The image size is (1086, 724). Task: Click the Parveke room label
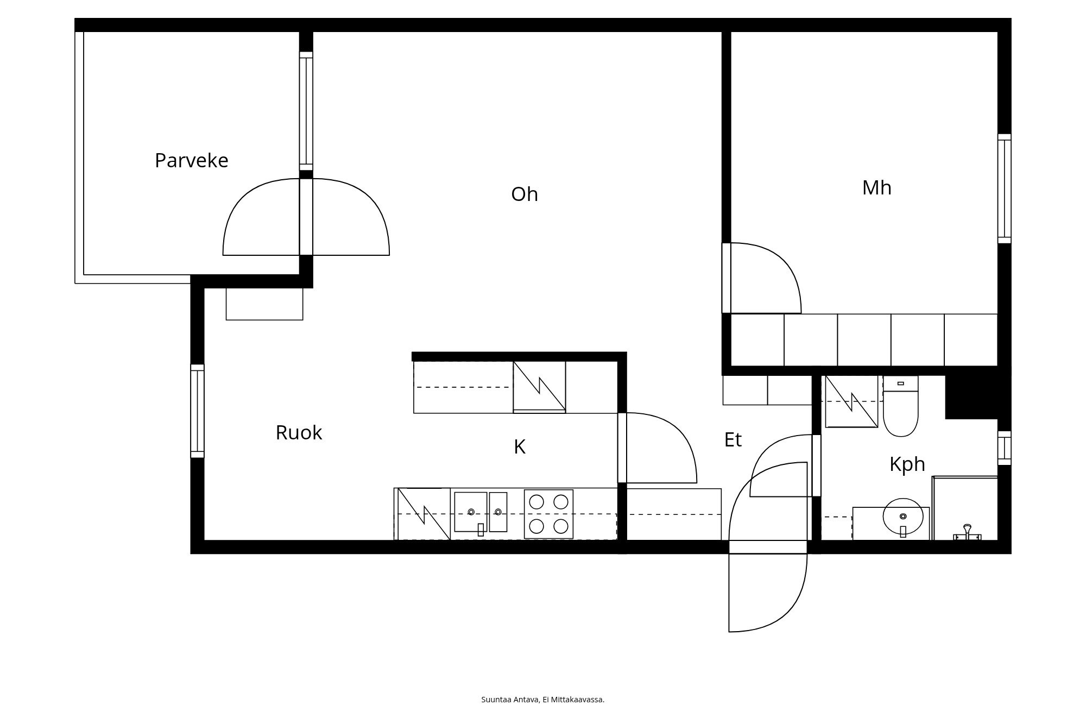point(191,161)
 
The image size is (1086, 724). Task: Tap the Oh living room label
point(524,194)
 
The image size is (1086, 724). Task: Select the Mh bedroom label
point(876,188)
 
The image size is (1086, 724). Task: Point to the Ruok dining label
point(299,433)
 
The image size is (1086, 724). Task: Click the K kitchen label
point(519,447)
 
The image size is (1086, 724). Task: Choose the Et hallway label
point(733,440)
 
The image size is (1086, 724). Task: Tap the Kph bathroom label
point(907,464)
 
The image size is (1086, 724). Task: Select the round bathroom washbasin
point(902,517)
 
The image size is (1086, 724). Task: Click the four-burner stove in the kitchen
point(548,514)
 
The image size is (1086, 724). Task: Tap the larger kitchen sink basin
point(470,512)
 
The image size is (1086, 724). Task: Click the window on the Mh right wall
point(1004,188)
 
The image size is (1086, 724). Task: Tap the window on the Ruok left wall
point(197,411)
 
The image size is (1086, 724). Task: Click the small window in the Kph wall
point(1004,448)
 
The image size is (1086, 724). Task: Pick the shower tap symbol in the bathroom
point(967,532)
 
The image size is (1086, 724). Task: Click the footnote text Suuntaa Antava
point(542,700)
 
